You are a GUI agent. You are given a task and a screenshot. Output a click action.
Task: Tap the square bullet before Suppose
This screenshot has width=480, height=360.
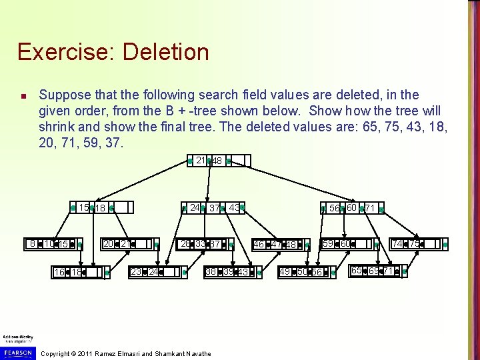pos(23,97)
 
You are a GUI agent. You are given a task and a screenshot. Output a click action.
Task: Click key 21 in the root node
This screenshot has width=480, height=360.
pos(201,161)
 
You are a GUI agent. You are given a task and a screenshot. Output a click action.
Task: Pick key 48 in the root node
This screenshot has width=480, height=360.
pos(217,161)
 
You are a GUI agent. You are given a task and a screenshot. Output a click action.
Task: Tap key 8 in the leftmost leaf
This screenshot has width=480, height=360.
pos(32,244)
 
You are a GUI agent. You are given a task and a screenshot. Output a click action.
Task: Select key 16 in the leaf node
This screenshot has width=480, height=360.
pos(59,273)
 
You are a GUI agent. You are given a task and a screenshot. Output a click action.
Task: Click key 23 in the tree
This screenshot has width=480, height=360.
pos(136,272)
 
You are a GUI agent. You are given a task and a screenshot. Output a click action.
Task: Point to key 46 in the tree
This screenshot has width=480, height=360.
pos(259,245)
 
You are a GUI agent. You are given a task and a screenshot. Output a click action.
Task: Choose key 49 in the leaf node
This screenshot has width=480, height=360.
pos(285,272)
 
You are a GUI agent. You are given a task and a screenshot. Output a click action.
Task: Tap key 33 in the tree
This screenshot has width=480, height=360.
pos(201,244)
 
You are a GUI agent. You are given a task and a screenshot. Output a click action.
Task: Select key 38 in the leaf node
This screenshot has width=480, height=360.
pos(211,272)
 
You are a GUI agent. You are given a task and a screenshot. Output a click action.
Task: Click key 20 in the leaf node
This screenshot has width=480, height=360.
pos(108,244)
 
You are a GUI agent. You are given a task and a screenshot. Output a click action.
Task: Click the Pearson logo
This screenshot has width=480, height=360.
pos(18,351)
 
